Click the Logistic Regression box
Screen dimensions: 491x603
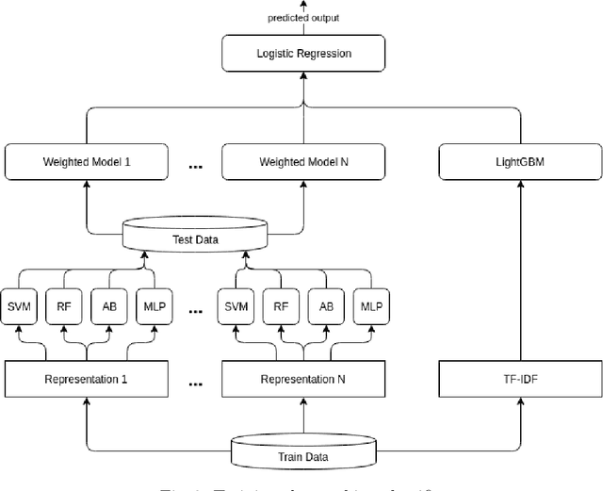[303, 54]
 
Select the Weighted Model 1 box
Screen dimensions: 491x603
[87, 162]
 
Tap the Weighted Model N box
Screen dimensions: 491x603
[303, 162]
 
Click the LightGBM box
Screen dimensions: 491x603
[520, 162]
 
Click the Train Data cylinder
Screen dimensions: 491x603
[303, 455]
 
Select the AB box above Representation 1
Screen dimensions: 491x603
[108, 306]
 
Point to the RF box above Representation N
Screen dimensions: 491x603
[282, 306]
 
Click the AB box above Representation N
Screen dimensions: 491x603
[325, 306]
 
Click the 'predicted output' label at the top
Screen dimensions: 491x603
[303, 18]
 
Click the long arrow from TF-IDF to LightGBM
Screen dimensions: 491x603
[520, 273]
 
